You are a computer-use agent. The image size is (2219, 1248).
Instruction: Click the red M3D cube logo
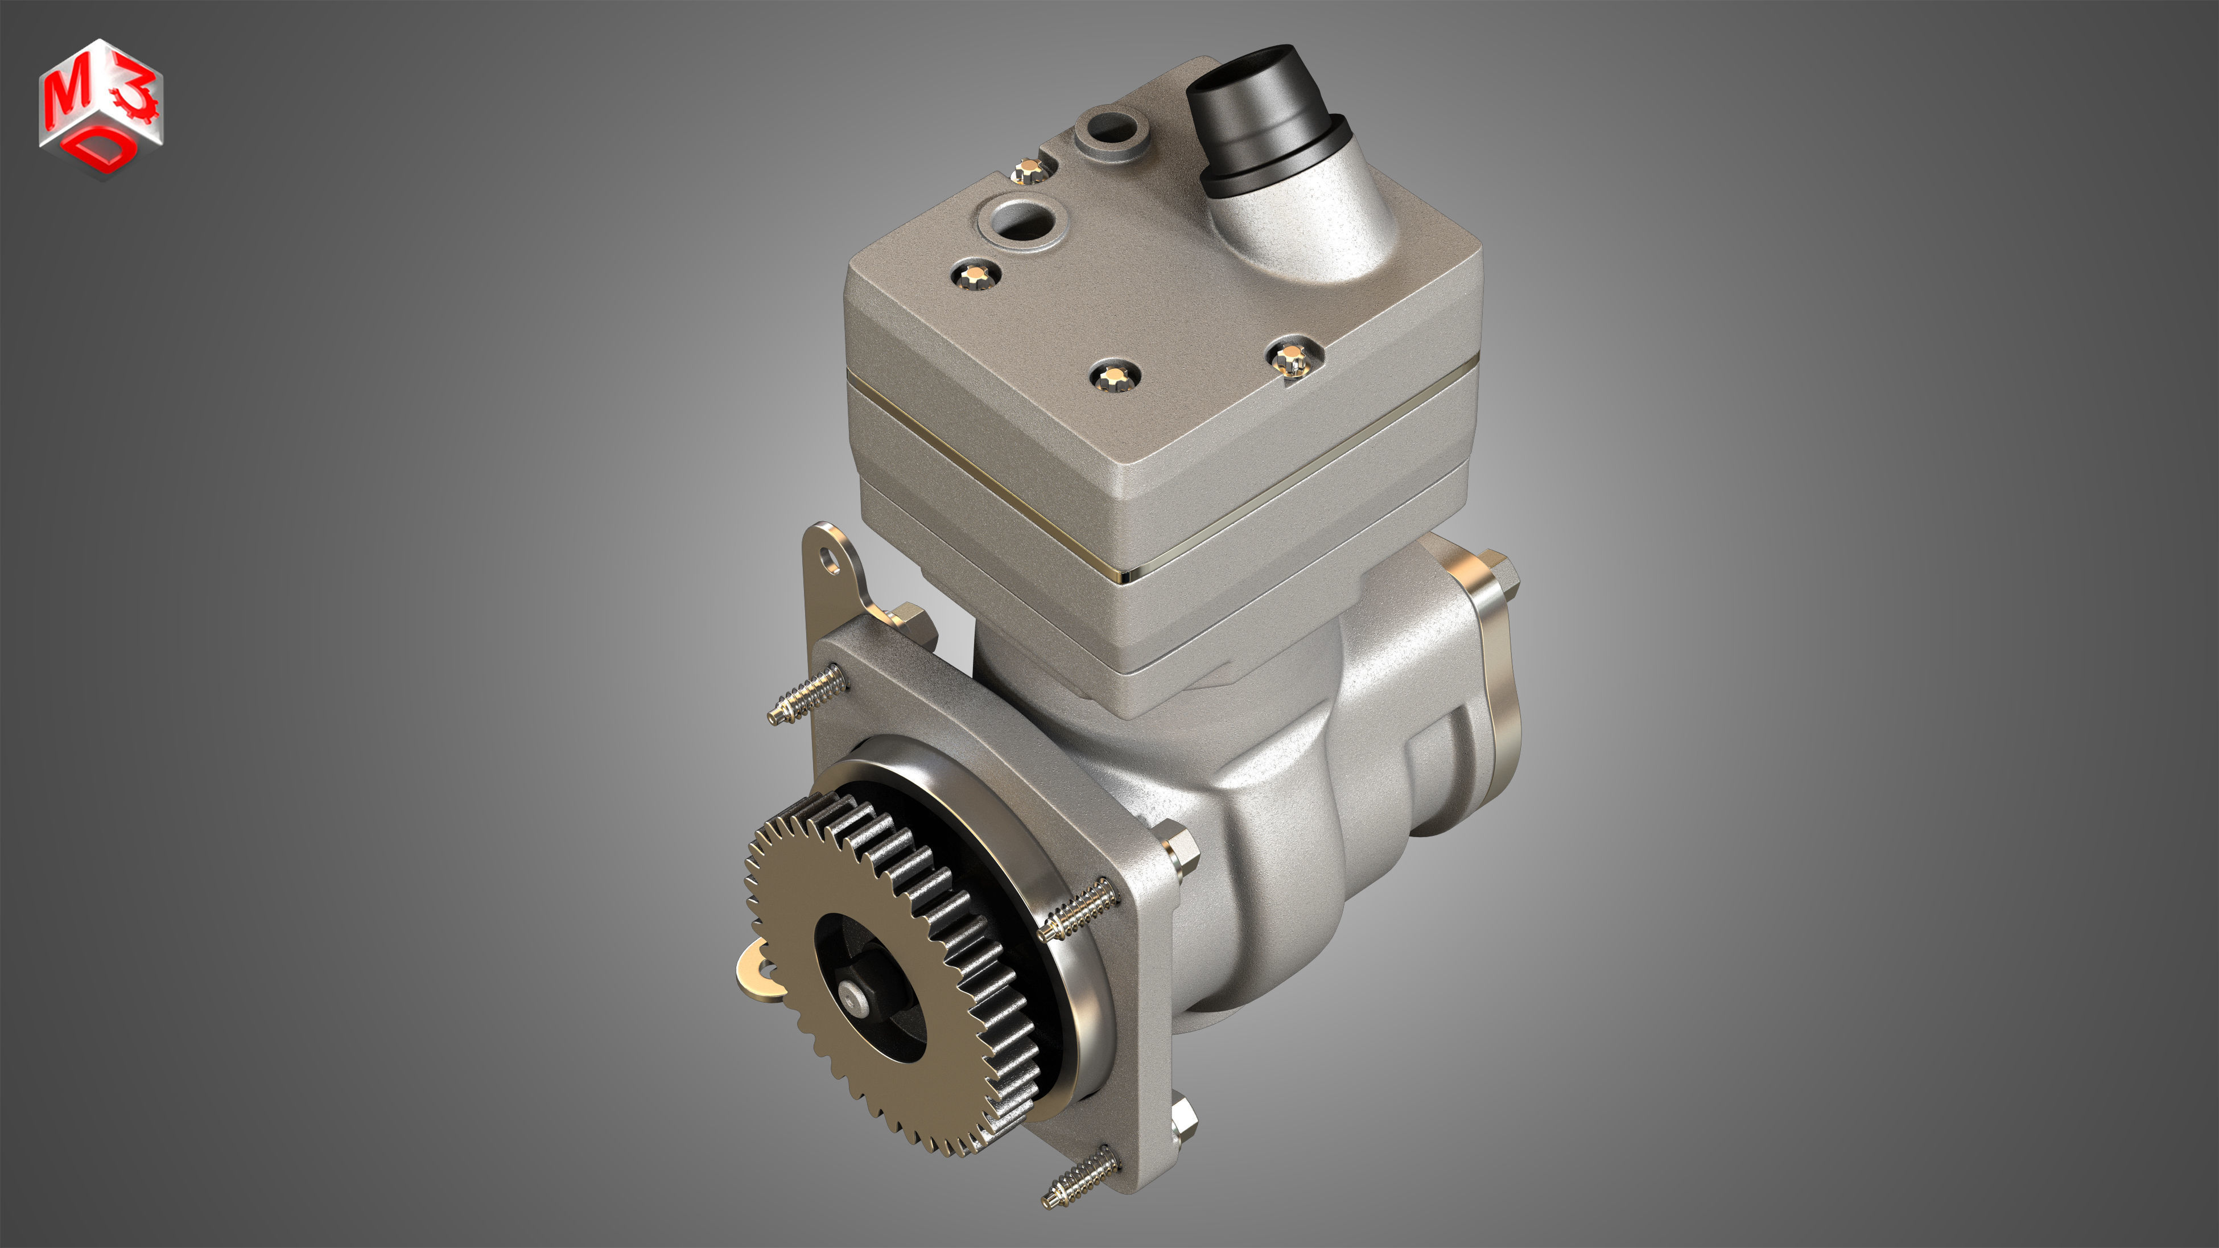pos(101,108)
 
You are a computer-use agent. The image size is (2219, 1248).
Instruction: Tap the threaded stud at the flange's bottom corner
pos(1076,1179)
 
